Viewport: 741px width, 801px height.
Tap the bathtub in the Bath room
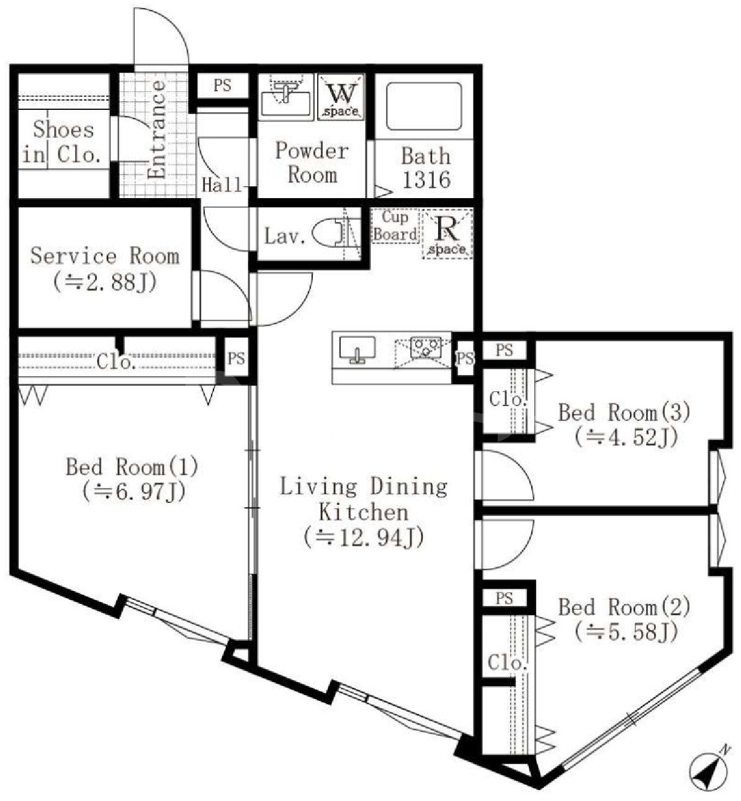point(424,106)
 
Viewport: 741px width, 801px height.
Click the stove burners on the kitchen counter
point(425,348)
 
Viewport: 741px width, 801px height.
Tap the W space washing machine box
point(341,97)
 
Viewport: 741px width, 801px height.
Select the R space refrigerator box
point(447,233)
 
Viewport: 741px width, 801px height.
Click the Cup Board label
point(395,226)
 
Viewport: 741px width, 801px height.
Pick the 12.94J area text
point(364,538)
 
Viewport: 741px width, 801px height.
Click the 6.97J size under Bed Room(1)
point(134,492)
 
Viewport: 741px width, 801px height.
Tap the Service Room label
point(105,256)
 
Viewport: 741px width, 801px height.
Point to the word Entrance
point(156,130)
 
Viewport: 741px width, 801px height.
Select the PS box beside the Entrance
point(223,86)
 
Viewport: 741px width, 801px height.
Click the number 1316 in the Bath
point(426,180)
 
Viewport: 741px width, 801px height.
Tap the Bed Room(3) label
point(624,412)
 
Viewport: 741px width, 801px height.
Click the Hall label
point(222,185)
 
